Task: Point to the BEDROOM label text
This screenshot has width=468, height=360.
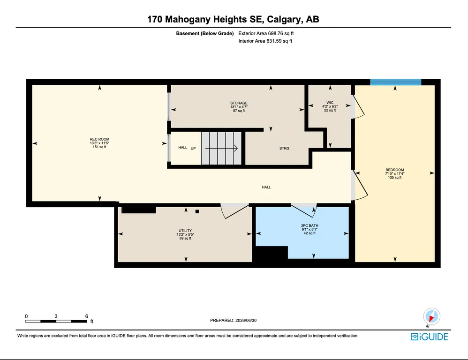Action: [x=394, y=170]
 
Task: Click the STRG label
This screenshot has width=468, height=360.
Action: [x=284, y=148]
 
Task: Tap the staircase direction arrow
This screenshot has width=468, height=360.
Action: [x=221, y=148]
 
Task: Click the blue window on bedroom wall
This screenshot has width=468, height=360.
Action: [x=395, y=82]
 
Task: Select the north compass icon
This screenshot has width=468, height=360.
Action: [x=431, y=316]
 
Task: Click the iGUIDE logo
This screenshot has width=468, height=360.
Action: [x=429, y=337]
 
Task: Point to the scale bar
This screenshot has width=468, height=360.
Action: [x=56, y=321]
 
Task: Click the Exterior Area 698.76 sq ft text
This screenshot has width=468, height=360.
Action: [x=266, y=33]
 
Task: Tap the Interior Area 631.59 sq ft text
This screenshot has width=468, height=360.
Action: [x=265, y=41]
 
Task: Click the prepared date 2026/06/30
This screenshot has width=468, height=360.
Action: [x=246, y=320]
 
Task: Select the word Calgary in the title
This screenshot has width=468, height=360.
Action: [x=284, y=19]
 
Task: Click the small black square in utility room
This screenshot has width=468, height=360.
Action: [x=197, y=211]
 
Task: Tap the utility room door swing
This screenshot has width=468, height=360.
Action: [x=235, y=211]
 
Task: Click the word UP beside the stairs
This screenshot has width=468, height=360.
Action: [x=193, y=148]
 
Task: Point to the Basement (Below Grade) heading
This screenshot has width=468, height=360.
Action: [x=205, y=33]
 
